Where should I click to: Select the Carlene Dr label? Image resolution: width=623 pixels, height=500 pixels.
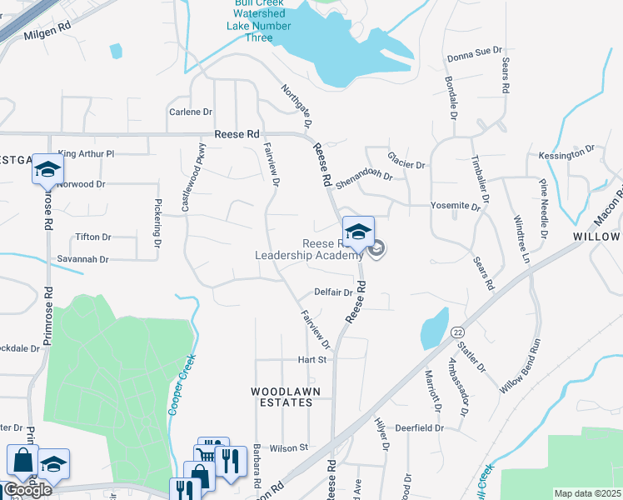[x=191, y=112]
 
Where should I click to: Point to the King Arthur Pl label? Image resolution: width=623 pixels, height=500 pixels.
[x=86, y=153]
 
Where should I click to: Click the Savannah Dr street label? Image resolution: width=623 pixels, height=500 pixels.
[x=82, y=259]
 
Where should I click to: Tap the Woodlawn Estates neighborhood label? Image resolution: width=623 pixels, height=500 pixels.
[x=282, y=396]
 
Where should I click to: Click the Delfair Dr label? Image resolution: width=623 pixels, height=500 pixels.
[x=334, y=292]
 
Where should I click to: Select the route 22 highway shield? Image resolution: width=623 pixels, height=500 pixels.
[x=458, y=332]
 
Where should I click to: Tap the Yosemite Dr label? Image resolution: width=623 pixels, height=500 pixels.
[x=456, y=205]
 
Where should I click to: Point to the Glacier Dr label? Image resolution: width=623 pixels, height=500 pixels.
[x=406, y=160]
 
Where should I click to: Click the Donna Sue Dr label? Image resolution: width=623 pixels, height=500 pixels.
[x=476, y=57]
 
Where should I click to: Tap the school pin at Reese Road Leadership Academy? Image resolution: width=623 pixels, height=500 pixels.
[x=358, y=232]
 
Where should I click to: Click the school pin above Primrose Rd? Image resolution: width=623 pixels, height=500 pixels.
[x=47, y=169]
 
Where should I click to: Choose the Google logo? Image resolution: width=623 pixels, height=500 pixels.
[x=27, y=489]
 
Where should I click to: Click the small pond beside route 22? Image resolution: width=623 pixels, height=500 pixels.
[x=434, y=328]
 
